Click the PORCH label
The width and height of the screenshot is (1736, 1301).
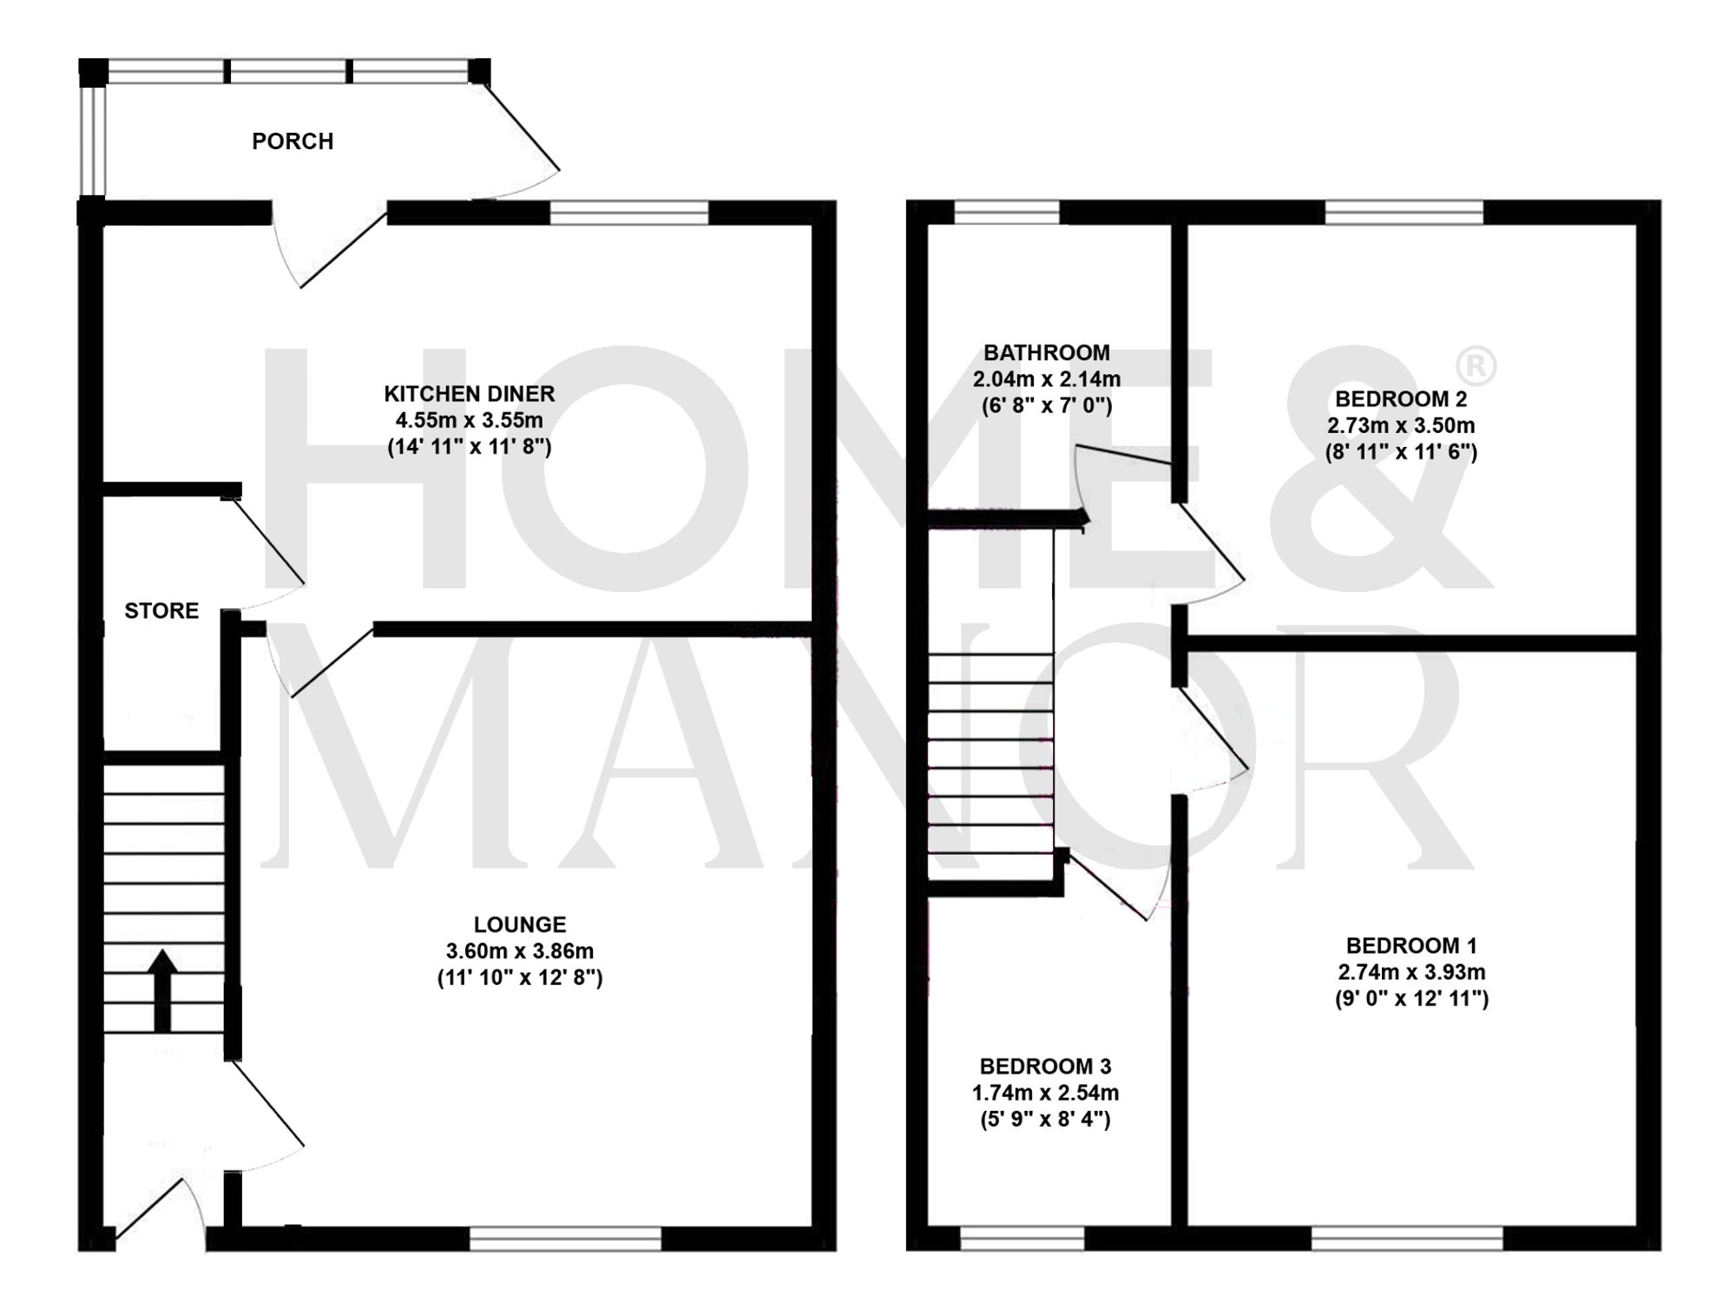[293, 141]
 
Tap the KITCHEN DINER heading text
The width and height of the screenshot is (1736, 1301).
[469, 394]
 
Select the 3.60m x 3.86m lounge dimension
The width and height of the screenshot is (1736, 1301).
[519, 951]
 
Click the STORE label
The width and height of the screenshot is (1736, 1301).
[161, 611]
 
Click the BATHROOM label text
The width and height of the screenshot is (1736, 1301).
[1046, 353]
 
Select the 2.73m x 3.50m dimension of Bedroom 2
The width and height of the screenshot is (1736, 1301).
[1400, 425]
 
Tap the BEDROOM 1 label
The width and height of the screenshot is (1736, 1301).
[1410, 945]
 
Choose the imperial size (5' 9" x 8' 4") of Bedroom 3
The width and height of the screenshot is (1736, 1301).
[1045, 1119]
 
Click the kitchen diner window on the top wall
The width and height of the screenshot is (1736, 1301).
[629, 213]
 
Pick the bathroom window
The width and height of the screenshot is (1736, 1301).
[1007, 213]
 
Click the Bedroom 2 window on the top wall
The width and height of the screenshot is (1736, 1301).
[1404, 213]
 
